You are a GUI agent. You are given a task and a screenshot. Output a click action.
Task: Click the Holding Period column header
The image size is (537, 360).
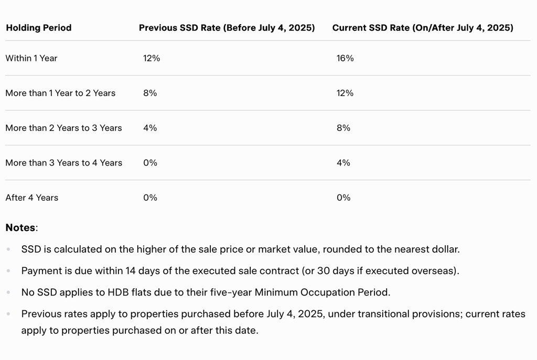pyautogui.click(x=38, y=28)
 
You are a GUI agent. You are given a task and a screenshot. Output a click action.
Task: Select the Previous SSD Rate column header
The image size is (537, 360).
pyautogui.click(x=227, y=28)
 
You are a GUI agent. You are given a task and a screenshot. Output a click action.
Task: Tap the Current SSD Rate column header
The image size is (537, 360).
pyautogui.click(x=423, y=28)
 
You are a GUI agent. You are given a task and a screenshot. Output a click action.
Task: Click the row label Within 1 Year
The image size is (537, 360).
pyautogui.click(x=31, y=58)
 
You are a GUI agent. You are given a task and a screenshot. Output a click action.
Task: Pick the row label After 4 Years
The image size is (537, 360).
pyautogui.click(x=32, y=198)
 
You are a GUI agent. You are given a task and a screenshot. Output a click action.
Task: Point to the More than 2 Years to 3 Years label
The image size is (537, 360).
pyautogui.click(x=63, y=128)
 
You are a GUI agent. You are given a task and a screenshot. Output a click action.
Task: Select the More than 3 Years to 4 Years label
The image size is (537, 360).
pyautogui.click(x=63, y=163)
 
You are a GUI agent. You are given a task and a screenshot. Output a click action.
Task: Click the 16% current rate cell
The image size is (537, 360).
pyautogui.click(x=345, y=58)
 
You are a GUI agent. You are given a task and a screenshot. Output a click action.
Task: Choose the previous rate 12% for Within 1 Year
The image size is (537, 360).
pyautogui.click(x=152, y=58)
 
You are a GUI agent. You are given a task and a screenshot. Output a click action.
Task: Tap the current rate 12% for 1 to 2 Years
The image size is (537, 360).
pyautogui.click(x=345, y=93)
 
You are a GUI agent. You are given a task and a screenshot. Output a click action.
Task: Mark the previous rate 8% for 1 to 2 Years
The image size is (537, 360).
pyautogui.click(x=150, y=93)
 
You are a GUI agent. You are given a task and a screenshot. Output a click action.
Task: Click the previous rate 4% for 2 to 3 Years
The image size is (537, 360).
pyautogui.click(x=150, y=128)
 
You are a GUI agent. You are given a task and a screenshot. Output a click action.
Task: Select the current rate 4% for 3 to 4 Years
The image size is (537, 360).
pyautogui.click(x=343, y=163)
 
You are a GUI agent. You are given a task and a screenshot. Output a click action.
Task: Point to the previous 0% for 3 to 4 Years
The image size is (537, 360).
pyautogui.click(x=150, y=163)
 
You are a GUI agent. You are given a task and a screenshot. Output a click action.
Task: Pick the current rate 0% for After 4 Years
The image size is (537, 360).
pyautogui.click(x=343, y=198)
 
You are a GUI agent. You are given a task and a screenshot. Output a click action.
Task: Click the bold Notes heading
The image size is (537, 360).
pyautogui.click(x=20, y=228)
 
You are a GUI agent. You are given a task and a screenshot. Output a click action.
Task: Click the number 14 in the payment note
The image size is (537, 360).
pyautogui.click(x=131, y=271)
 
